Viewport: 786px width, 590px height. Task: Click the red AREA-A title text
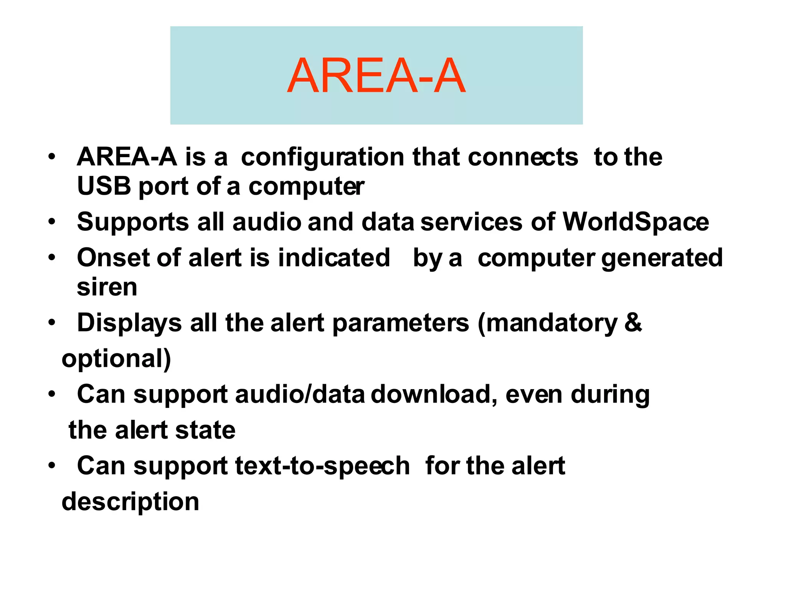376,76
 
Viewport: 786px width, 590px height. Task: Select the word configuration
322,157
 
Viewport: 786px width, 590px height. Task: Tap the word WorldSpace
636,222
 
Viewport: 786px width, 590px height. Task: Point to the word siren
107,287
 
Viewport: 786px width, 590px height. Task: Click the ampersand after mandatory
633,322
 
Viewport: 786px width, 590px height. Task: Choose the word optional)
116,358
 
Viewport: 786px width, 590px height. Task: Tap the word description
130,502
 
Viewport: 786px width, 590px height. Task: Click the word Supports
133,223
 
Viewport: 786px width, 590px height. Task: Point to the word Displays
129,323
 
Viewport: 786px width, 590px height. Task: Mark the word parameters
401,323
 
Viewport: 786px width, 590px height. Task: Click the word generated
662,258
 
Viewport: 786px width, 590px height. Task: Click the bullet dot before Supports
52,222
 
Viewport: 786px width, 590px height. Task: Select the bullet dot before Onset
52,257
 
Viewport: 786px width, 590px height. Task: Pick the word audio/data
300,394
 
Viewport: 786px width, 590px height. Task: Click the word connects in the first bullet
523,157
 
